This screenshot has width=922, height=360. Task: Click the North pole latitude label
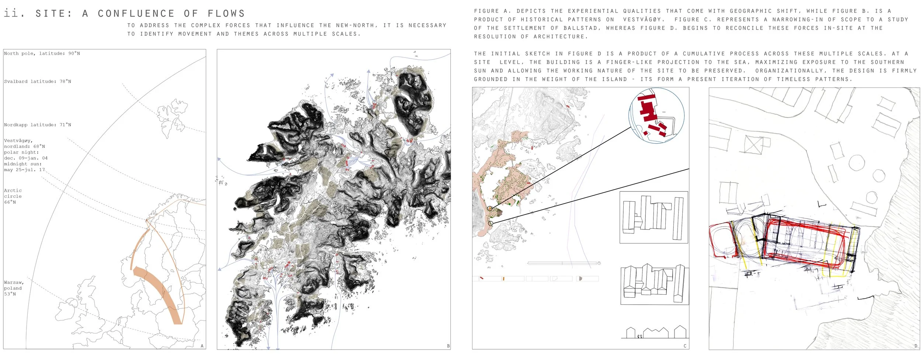click(42, 53)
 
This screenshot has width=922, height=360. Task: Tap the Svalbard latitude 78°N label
click(38, 82)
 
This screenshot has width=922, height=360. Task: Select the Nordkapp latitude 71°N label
click(38, 125)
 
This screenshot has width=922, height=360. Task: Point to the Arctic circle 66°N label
click(13, 196)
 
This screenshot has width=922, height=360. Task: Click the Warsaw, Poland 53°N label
click(14, 288)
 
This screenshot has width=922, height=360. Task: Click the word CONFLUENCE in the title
click(136, 14)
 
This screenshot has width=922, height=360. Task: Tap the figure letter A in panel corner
click(202, 346)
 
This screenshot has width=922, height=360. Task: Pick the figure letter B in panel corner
click(448, 346)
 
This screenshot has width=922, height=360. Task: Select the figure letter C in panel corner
click(685, 346)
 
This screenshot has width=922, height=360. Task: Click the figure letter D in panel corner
click(916, 346)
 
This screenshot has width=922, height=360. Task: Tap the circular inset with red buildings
click(656, 115)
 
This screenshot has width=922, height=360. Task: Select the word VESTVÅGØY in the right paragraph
click(644, 20)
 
